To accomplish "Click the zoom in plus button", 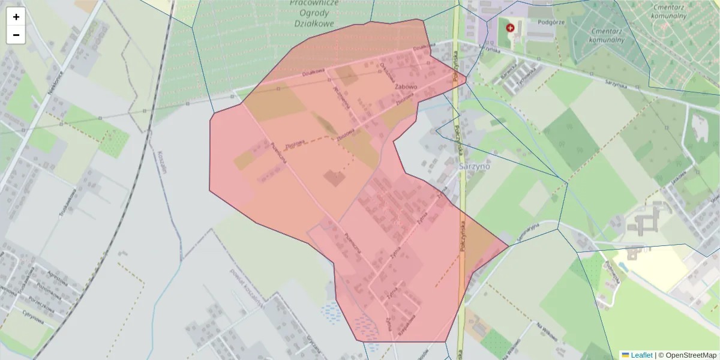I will pos(16,17).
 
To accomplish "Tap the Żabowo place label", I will pos(406,86).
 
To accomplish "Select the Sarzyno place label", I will pos(474,166).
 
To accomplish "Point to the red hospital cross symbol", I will pos(511,28).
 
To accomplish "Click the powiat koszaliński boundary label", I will pos(244,286).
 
